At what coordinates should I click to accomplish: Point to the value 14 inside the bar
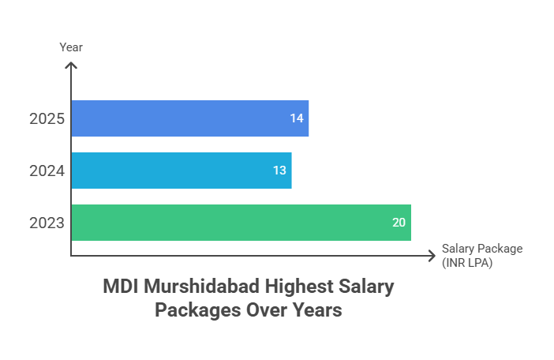297,118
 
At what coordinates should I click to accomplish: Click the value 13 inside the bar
279,171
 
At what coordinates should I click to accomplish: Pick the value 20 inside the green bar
399,223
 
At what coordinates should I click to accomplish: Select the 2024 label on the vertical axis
46,171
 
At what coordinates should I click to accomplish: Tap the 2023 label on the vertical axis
46,223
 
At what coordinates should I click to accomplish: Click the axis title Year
71,47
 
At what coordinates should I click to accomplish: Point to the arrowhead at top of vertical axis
71,65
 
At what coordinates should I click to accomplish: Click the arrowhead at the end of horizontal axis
432,256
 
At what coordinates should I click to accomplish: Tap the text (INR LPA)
467,263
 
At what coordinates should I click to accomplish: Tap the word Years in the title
316,310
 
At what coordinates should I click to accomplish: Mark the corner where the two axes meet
71,256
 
